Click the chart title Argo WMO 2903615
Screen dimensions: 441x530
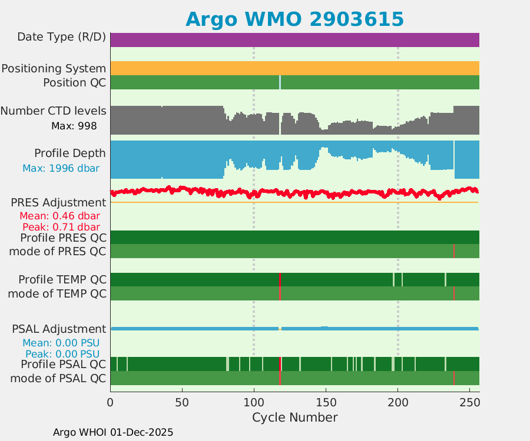point(294,19)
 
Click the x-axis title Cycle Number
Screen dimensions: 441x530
point(294,417)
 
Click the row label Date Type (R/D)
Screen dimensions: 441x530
point(62,37)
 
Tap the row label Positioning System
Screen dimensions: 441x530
point(54,68)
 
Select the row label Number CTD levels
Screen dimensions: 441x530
point(54,111)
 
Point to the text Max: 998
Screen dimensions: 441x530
point(74,125)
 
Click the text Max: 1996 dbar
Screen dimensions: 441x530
point(61,168)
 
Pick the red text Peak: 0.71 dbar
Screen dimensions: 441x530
point(61,227)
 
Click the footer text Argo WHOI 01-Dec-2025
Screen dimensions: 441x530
point(113,432)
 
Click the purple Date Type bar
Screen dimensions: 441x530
point(294,39)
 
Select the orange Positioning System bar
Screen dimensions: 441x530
point(294,68)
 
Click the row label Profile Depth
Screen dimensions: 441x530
point(70,153)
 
